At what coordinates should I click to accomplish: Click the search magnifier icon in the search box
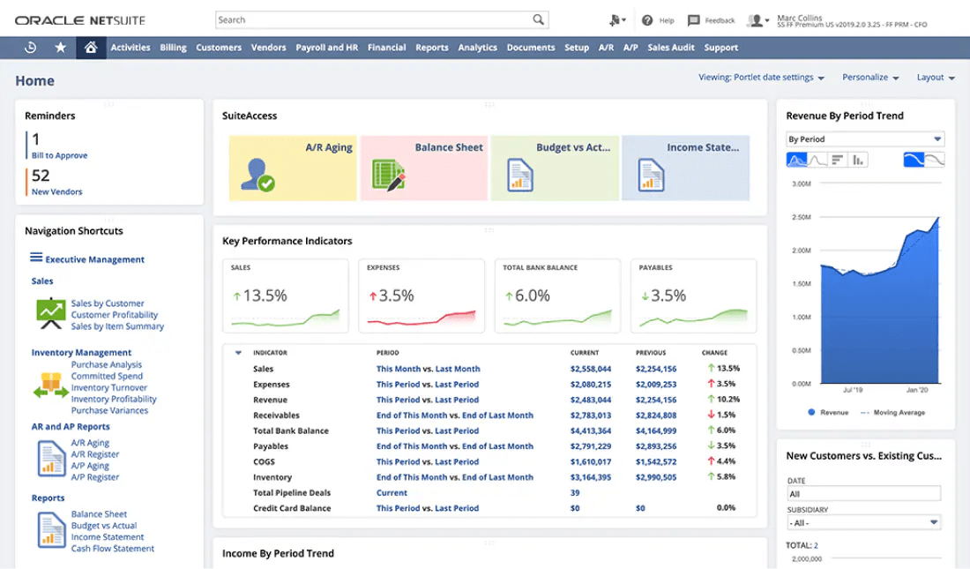tap(538, 19)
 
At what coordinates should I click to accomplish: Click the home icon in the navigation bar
tap(90, 48)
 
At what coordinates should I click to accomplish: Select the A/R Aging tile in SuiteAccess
tap(293, 168)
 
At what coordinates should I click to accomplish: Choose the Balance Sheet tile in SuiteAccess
tap(423, 168)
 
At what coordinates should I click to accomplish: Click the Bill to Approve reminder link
tap(60, 155)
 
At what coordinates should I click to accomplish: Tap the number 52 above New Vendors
tap(41, 176)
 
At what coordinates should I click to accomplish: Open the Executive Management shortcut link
tap(94, 259)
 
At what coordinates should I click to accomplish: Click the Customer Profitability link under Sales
tap(115, 315)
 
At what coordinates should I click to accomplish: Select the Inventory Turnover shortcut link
tap(109, 388)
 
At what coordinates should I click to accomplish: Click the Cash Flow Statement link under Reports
tap(113, 549)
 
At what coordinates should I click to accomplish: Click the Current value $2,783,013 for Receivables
tap(590, 416)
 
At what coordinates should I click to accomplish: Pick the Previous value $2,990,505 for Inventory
tap(656, 477)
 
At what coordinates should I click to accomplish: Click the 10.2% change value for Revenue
tap(727, 400)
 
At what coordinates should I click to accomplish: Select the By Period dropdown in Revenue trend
tap(864, 139)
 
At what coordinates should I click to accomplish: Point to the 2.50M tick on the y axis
tap(801, 217)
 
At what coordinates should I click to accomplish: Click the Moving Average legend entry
tap(899, 413)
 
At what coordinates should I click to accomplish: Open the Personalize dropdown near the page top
tap(870, 78)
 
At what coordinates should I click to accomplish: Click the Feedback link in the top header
tap(712, 20)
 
